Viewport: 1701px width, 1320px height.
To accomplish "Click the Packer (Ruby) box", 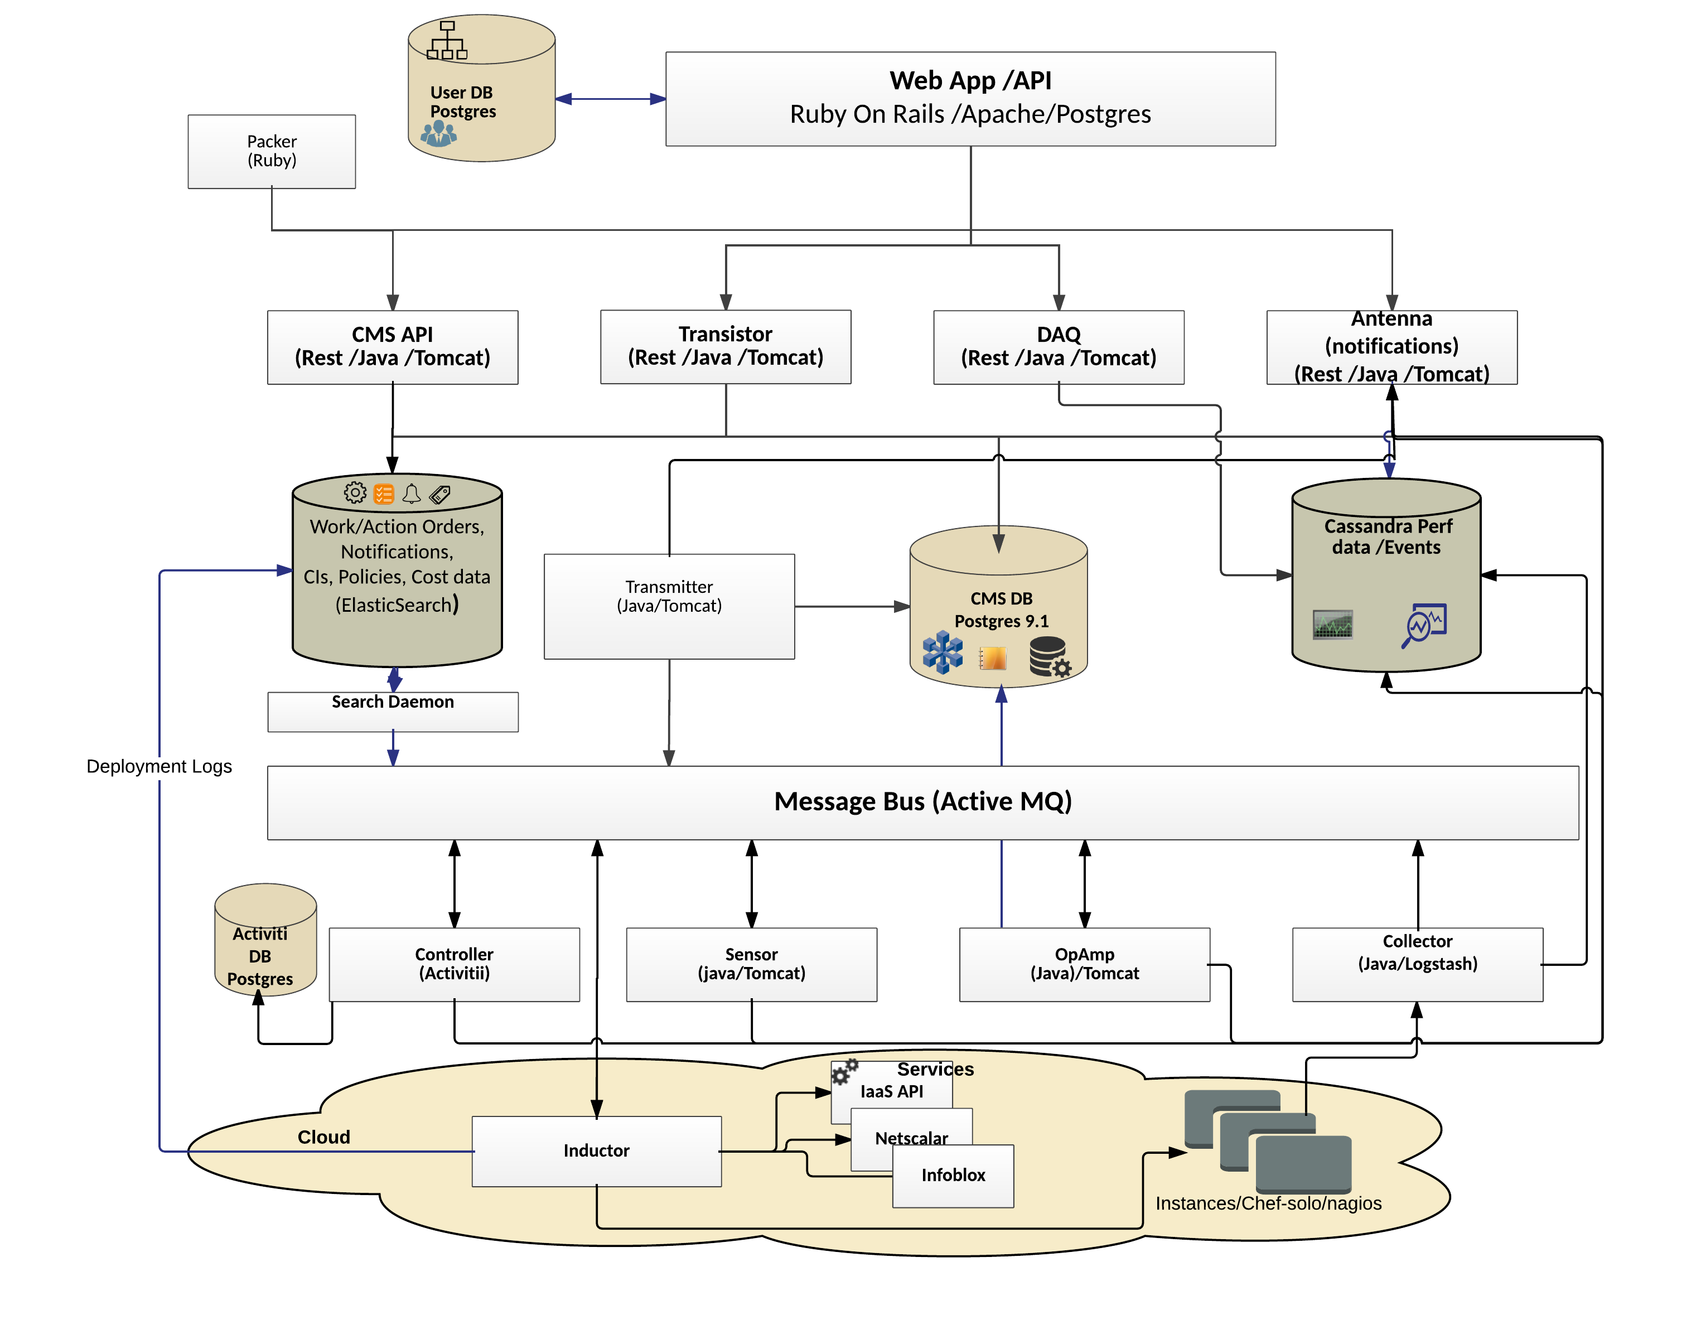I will coord(271,151).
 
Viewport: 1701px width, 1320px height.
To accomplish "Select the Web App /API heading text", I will coord(970,80).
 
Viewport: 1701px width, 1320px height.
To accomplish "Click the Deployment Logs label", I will coord(159,766).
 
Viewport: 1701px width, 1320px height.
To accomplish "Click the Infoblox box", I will coord(953,1174).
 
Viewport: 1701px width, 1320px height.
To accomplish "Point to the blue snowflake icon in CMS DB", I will coord(943,652).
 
